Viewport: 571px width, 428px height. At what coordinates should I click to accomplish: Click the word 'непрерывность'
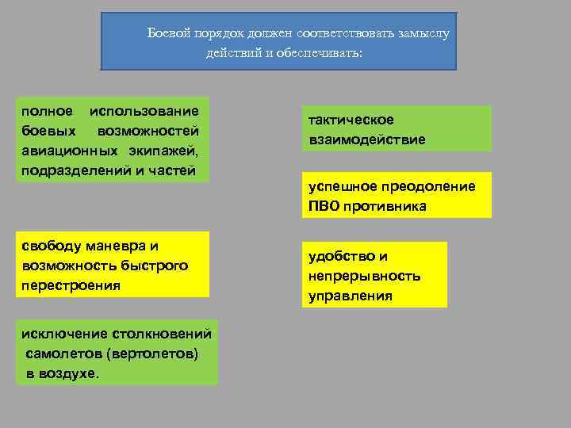pos(365,276)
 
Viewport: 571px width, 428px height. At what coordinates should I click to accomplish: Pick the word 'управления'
pos(350,296)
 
